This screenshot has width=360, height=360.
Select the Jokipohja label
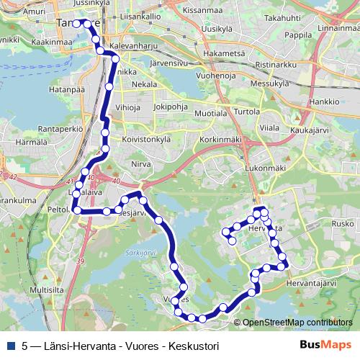coord(171,107)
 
